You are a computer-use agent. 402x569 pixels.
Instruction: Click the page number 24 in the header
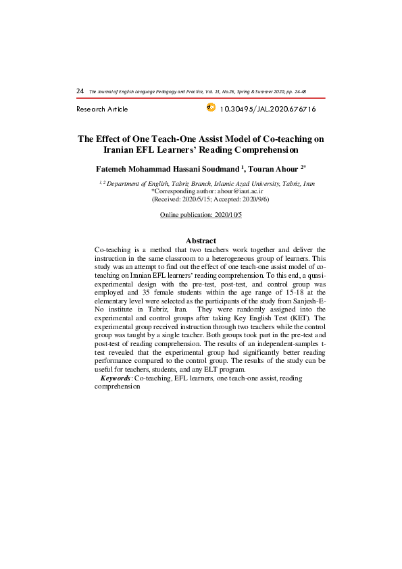click(80, 91)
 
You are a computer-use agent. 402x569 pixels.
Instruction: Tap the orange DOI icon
click(210, 107)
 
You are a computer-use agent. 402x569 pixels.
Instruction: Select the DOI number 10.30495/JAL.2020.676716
click(268, 109)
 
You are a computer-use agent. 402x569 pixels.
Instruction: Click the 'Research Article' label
click(102, 109)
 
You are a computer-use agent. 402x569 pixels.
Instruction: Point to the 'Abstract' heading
click(201, 241)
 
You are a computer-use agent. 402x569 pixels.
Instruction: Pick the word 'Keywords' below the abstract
click(116, 378)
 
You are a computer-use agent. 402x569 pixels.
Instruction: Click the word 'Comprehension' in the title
click(259, 150)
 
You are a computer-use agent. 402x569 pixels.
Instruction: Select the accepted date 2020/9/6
click(254, 200)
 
